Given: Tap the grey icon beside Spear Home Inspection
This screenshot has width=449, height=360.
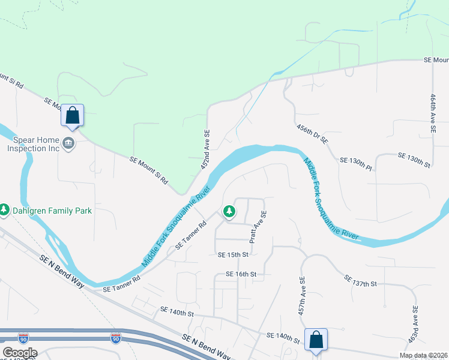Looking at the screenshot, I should (x=69, y=143).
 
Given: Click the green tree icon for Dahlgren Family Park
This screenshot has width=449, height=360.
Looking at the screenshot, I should (x=4, y=210).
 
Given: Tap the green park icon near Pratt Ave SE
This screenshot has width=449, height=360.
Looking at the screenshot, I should (x=229, y=211).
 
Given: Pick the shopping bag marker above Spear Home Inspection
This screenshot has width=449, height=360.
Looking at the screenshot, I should (x=72, y=115).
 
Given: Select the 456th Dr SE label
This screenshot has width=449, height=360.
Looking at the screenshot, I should (x=312, y=134).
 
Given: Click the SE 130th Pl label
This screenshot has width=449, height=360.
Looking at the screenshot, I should (x=356, y=161).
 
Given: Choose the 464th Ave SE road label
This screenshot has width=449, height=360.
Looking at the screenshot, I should (x=432, y=113).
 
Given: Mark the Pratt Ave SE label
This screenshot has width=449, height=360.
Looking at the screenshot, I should (x=258, y=227).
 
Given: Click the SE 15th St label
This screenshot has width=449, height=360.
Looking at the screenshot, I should (x=233, y=254).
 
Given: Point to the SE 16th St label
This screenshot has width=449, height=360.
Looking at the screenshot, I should (x=241, y=274).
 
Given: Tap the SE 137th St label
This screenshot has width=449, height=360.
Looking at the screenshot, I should (x=360, y=281).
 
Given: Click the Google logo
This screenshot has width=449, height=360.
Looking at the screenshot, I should (x=19, y=353).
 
